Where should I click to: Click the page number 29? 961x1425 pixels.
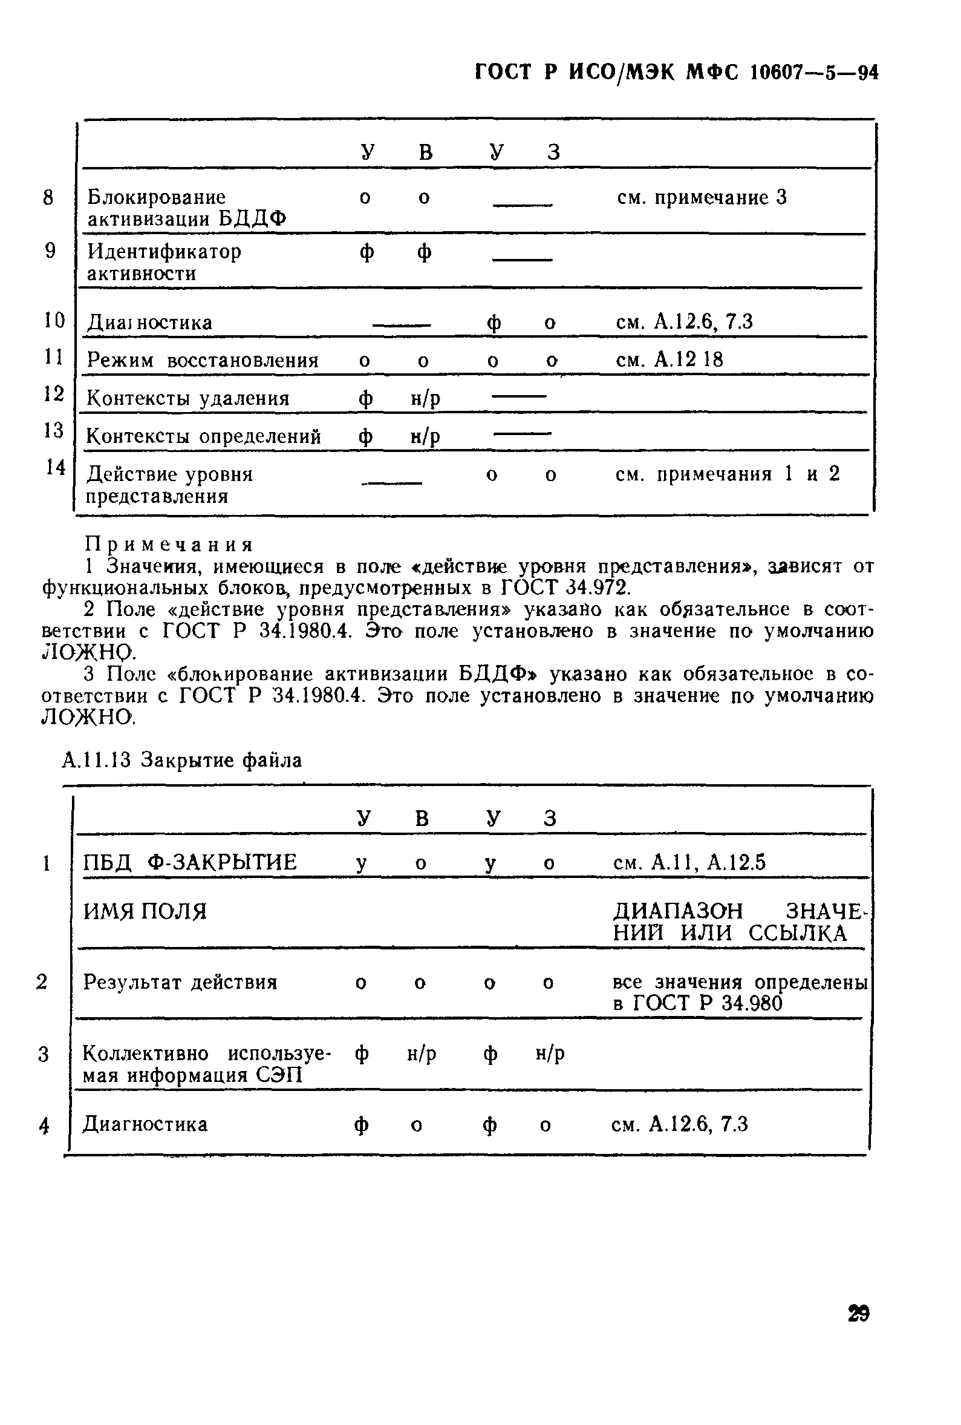pyautogui.click(x=858, y=1314)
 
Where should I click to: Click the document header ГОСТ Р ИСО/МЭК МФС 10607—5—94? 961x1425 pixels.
pyautogui.click(x=677, y=73)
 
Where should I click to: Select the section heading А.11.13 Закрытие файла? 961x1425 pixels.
pyautogui.click(x=182, y=761)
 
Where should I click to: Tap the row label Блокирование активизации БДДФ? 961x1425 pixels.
pyautogui.click(x=186, y=208)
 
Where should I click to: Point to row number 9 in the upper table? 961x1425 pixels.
pyautogui.click(x=50, y=251)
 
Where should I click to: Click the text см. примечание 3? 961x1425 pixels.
pyautogui.click(x=701, y=197)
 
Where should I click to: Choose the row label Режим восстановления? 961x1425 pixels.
pyautogui.click(x=202, y=360)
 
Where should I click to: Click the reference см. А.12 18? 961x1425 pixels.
pyautogui.click(x=669, y=359)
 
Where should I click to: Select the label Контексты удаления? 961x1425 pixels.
pyautogui.click(x=187, y=399)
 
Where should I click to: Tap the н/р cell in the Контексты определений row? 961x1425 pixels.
pyautogui.click(x=425, y=436)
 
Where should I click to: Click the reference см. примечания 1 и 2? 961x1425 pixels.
pyautogui.click(x=727, y=474)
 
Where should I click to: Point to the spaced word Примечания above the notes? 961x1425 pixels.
pyautogui.click(x=169, y=545)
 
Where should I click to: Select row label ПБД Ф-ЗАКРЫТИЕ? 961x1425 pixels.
pyautogui.click(x=190, y=863)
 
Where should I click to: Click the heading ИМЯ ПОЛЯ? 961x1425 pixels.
pyautogui.click(x=145, y=911)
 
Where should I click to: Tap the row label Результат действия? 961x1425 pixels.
pyautogui.click(x=180, y=982)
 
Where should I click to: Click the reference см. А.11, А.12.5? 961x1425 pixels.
pyautogui.click(x=689, y=863)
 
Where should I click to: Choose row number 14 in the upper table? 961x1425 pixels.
pyautogui.click(x=56, y=467)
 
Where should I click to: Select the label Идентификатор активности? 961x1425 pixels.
pyautogui.click(x=164, y=262)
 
